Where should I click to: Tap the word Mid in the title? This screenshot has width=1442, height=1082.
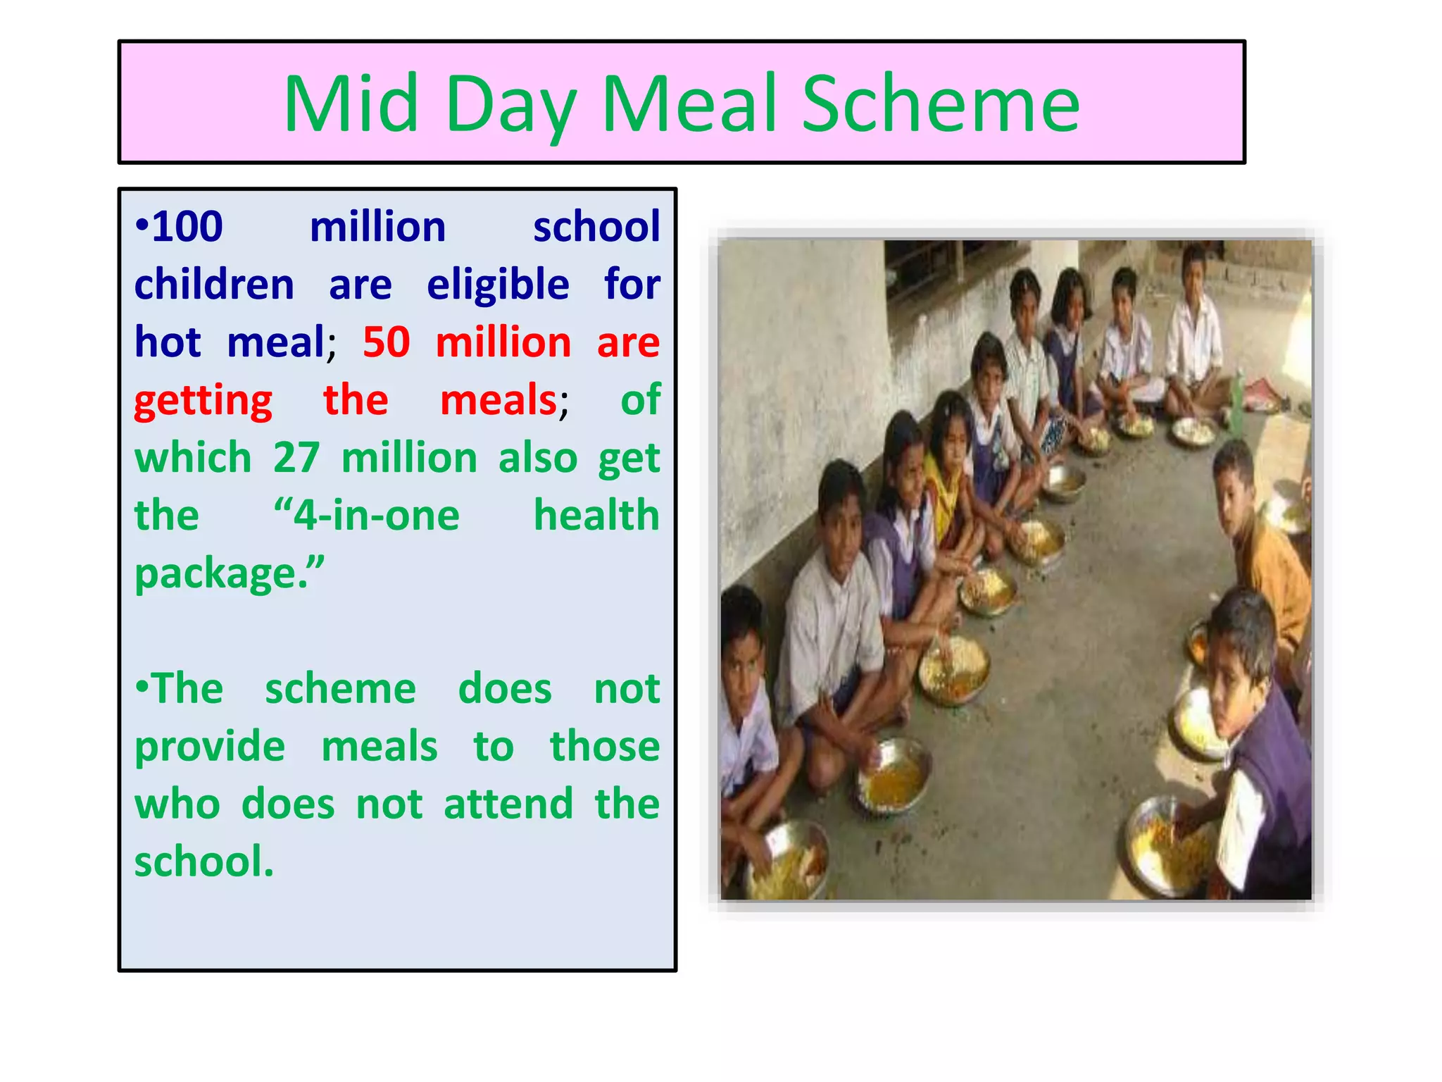click(x=351, y=104)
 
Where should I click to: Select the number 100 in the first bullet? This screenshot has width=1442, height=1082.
click(x=187, y=227)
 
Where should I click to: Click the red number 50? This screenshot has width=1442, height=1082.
click(x=386, y=342)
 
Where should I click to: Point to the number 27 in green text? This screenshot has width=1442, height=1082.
click(x=296, y=458)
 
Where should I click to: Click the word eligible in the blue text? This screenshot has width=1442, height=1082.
click(x=498, y=285)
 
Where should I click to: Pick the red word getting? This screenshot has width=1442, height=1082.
click(x=203, y=402)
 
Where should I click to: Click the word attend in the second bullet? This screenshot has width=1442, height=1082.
click(x=508, y=804)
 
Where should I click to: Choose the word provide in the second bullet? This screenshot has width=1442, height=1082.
click(x=210, y=747)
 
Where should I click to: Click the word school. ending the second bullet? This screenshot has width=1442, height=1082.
click(x=203, y=862)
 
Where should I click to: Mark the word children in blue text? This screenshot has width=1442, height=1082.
click(x=214, y=285)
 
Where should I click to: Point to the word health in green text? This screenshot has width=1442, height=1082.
click(x=596, y=516)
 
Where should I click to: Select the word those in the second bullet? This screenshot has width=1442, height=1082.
click(x=605, y=747)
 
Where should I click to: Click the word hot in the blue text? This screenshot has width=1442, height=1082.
click(x=168, y=342)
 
